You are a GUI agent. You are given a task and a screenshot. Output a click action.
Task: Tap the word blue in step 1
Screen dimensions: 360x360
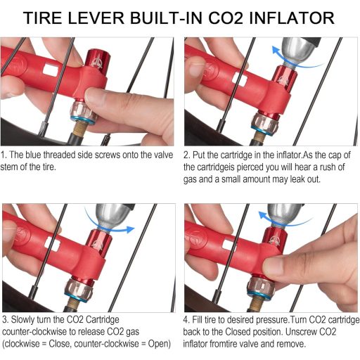[40, 154]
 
